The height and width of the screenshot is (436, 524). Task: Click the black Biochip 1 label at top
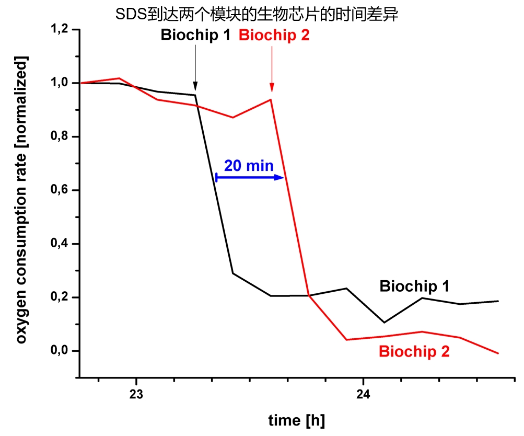point(196,35)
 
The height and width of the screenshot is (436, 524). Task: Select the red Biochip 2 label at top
point(274,35)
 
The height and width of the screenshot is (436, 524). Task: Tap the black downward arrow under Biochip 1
point(195,68)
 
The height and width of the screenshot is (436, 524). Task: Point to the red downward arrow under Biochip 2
point(272,68)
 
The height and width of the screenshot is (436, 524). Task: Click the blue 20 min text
point(249,166)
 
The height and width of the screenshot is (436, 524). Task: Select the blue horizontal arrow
point(250,178)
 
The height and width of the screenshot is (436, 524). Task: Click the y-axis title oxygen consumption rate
point(21,201)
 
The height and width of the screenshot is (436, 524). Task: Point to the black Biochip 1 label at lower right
point(414,286)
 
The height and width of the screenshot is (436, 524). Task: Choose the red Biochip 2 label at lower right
point(414,352)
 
